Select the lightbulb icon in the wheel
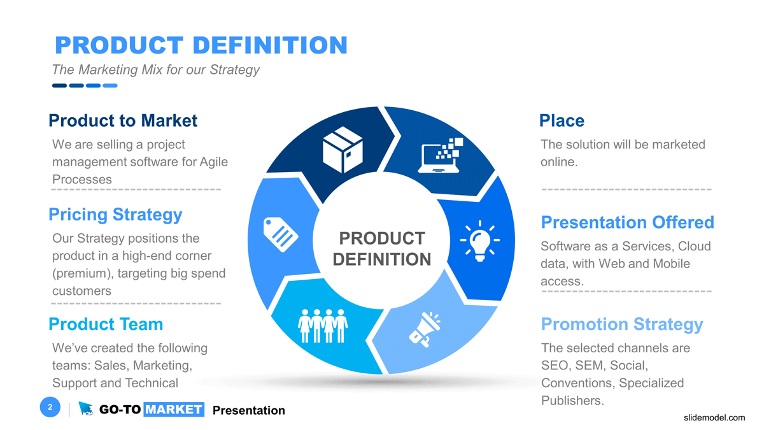tap(479, 240)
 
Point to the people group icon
tap(323, 326)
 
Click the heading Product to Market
tap(123, 120)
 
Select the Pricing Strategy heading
tap(115, 215)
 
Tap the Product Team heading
tap(106, 324)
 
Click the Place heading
tap(562, 120)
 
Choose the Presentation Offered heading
tap(627, 222)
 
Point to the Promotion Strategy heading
tap(621, 324)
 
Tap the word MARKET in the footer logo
tap(173, 410)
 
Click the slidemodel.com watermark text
tap(713, 418)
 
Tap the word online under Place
tap(558, 162)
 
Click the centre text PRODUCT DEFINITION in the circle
tap(382, 248)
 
